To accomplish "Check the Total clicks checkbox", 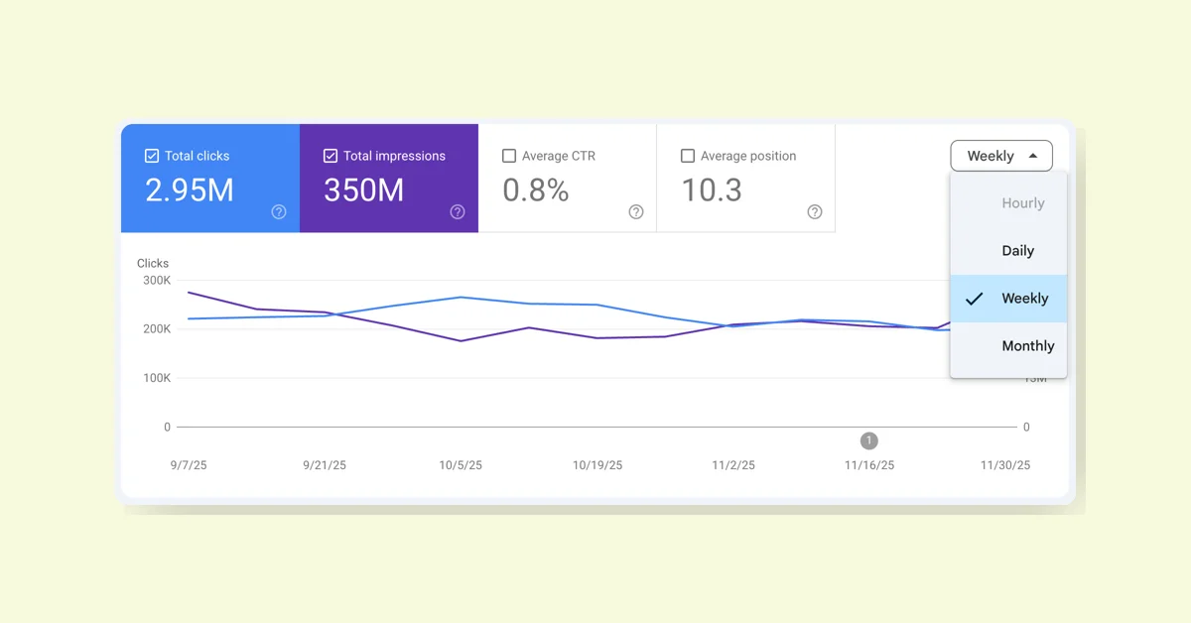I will pos(152,156).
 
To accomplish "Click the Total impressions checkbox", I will pos(331,156).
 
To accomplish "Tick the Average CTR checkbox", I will pos(509,156).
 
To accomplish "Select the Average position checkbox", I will pos(688,156).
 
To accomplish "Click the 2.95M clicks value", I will pos(190,189).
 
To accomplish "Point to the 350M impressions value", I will pos(363,189).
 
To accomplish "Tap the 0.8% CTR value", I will pos(535,189).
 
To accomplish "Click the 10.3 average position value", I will pos(711,189).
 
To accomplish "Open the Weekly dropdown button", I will pos(1001,156).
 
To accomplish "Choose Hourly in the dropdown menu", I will pos(1022,203).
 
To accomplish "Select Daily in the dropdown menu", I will pos(1017,251).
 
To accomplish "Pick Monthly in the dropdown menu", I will pos(1027,346).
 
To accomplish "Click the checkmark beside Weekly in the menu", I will pos(975,299).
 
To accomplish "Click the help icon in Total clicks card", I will pos(279,211).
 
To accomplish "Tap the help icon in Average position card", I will pos(815,211).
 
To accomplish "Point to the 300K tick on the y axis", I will pos(157,281).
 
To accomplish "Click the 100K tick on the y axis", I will pos(157,378).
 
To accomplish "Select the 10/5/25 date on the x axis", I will pos(461,465).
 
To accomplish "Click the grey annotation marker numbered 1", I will pos(869,440).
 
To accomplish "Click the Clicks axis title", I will pos(153,263).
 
